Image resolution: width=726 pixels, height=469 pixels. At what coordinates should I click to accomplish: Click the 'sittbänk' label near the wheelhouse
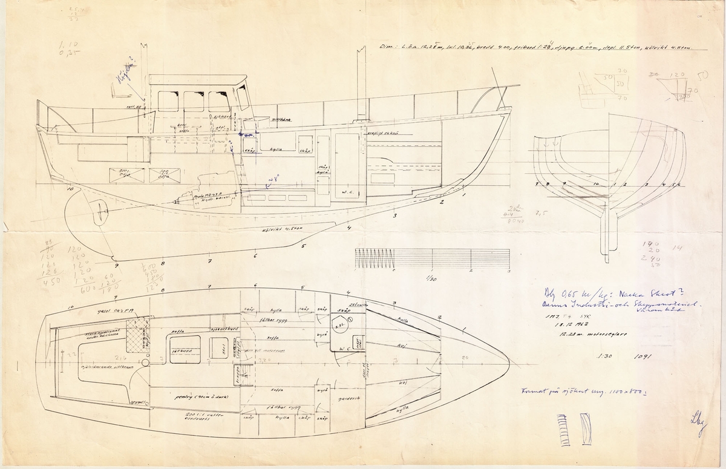[x=282, y=120]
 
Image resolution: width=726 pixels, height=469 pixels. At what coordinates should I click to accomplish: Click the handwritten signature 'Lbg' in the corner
[x=698, y=418]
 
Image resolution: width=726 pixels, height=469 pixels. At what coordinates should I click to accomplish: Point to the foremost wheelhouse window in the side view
[x=243, y=97]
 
